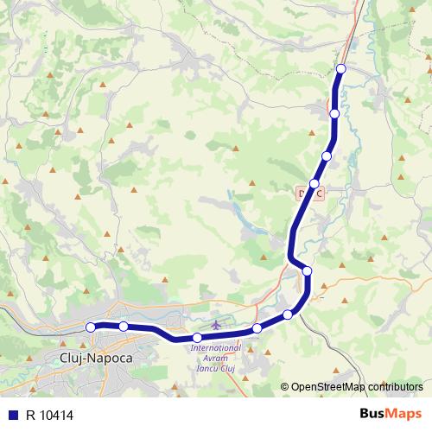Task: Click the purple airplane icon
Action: pos(215,325)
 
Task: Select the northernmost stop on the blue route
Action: pos(340,68)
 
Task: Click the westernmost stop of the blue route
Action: pos(91,327)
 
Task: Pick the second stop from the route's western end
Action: pos(124,326)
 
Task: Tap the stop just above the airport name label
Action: pos(197,337)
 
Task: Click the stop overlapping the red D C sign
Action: pos(314,184)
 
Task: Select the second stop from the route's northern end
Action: pos(334,113)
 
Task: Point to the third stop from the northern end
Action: pos(327,156)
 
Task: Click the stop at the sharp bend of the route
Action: pos(307,271)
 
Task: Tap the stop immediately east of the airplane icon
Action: pos(257,328)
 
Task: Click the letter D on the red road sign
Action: pos(302,194)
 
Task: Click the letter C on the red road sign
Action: pos(320,194)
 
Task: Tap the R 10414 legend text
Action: pos(50,413)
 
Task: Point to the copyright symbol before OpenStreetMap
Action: pos(284,387)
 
